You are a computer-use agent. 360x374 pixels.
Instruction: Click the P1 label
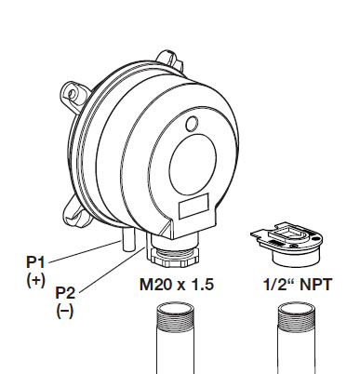[35, 262]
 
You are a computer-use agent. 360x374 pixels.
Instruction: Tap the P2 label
[65, 292]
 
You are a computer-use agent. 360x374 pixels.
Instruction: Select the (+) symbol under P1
[35, 280]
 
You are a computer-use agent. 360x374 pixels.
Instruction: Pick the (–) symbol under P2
[65, 311]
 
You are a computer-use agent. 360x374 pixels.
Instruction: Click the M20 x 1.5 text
[177, 285]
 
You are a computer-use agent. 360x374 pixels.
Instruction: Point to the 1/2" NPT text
[298, 285]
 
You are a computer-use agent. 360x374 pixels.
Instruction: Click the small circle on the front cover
[193, 124]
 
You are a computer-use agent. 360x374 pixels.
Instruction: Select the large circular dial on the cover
[193, 167]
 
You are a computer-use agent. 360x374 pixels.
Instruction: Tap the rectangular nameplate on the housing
[193, 207]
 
